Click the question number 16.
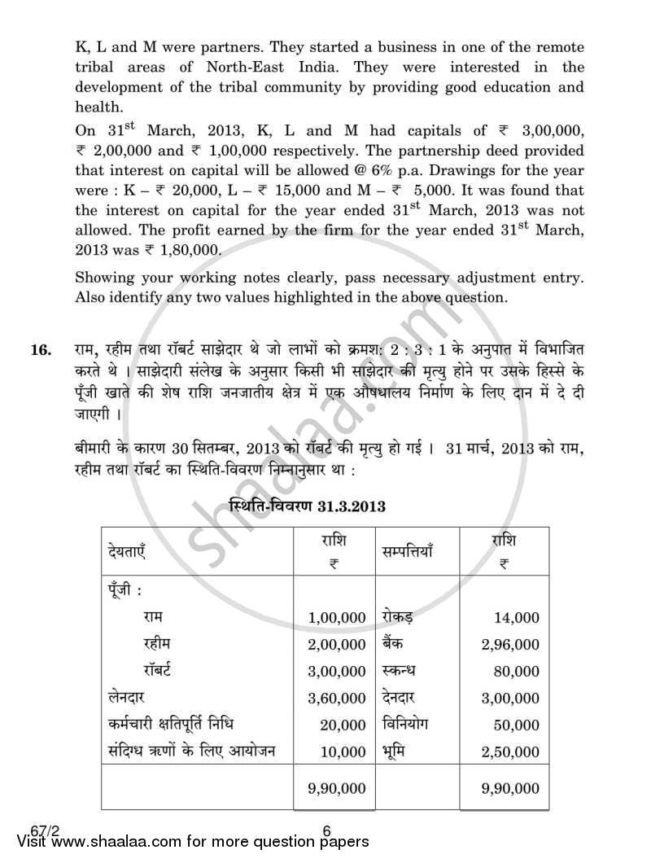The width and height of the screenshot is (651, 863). (x=40, y=351)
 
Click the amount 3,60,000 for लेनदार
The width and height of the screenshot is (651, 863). (x=337, y=698)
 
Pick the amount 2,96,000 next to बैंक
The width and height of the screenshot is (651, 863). (x=509, y=645)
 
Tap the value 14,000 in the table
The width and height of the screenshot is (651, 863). (x=516, y=619)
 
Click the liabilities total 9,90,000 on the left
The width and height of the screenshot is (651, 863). (x=337, y=788)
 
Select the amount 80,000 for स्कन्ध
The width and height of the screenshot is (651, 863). (x=516, y=672)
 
